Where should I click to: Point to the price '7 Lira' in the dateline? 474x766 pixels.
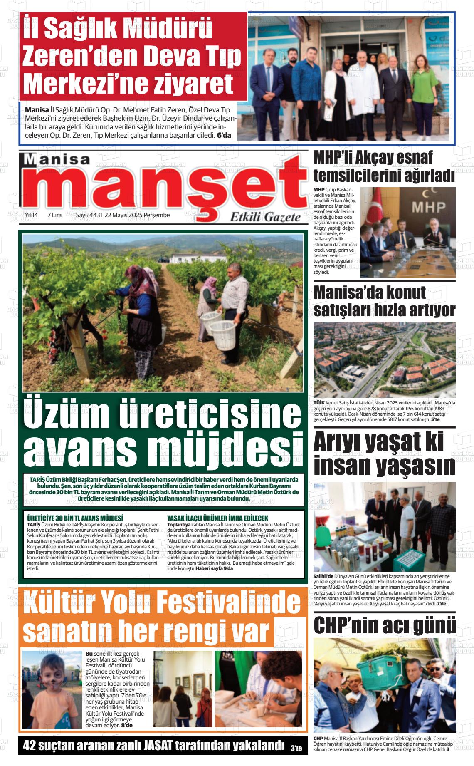tap(54, 215)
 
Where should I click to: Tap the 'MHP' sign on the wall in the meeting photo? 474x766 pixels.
tap(428, 207)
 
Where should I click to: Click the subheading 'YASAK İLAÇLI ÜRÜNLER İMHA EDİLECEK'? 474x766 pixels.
tap(217, 518)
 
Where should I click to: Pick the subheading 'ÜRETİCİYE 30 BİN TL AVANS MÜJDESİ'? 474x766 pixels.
tap(75, 518)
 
